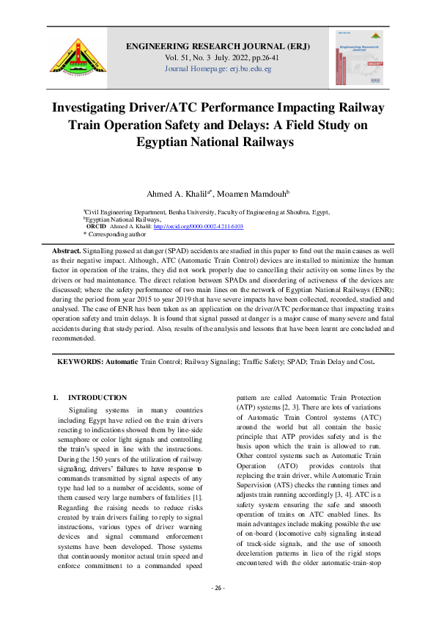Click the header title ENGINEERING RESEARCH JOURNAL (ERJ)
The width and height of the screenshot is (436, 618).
(218, 46)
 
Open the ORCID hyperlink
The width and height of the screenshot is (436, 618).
(198, 226)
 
